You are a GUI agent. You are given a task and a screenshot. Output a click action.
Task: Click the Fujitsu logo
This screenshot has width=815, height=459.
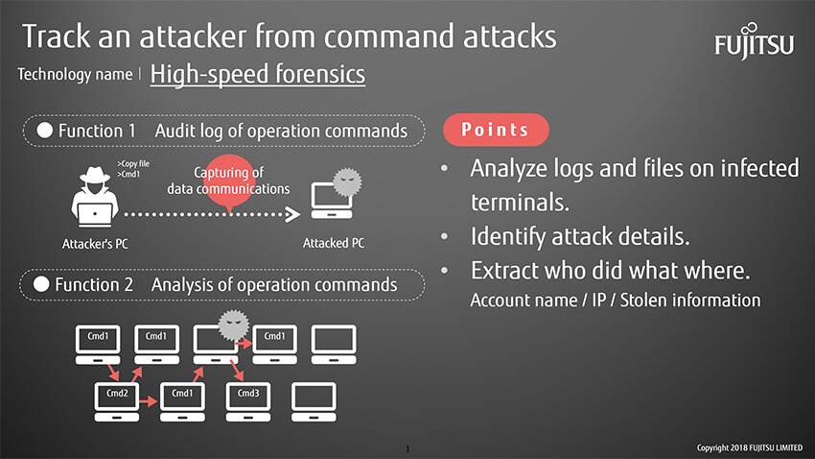(x=755, y=41)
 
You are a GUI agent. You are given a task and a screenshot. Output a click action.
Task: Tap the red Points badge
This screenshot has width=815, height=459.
(x=496, y=130)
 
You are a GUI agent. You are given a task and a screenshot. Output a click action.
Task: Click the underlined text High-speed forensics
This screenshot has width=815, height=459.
(x=258, y=74)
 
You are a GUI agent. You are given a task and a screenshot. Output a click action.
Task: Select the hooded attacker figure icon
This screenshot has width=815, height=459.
(x=95, y=197)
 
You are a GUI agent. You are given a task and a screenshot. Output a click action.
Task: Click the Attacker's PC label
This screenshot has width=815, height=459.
(x=95, y=244)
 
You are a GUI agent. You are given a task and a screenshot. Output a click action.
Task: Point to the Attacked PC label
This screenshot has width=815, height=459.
(x=333, y=243)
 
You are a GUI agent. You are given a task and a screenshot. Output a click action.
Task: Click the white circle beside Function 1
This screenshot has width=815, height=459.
(x=45, y=130)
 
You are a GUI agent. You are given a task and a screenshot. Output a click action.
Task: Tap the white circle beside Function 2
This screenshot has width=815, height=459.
(x=41, y=284)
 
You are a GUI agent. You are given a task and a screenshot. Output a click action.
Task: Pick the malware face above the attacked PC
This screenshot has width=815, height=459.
(x=347, y=182)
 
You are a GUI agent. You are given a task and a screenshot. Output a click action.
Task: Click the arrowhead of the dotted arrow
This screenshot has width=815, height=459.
(x=293, y=214)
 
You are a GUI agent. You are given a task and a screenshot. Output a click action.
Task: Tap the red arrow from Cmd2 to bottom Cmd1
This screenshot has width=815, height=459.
(x=149, y=401)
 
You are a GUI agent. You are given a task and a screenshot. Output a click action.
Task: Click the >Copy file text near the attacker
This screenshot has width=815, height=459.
(x=133, y=163)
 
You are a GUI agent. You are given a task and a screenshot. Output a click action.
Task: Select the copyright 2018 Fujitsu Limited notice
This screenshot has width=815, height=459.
(x=750, y=447)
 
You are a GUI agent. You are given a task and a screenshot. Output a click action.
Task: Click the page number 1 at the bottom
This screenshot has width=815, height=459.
(x=407, y=449)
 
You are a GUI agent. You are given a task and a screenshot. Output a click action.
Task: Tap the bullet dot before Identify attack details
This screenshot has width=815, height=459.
(x=444, y=237)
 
